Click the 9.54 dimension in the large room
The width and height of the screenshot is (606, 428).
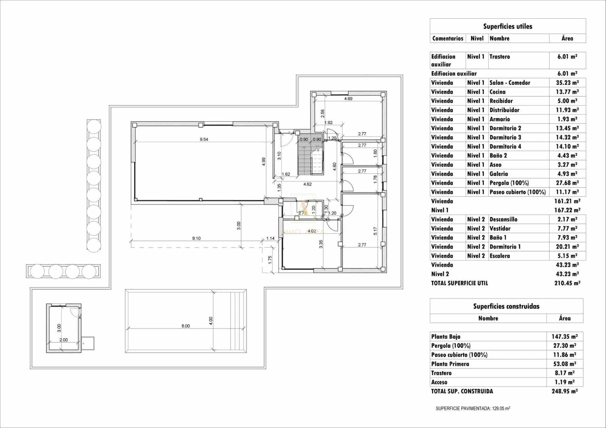coord(204,139)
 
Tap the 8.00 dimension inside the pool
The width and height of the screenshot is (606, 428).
coord(186,326)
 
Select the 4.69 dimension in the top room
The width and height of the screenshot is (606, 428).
coord(348,99)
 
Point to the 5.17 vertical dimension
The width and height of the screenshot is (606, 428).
coord(375,231)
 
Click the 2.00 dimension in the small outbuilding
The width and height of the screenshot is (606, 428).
coord(63,340)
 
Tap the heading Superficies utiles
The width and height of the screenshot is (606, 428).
coord(508,27)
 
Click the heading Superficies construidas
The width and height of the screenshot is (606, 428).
coord(506,306)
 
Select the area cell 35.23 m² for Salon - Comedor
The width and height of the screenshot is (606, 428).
coord(567,83)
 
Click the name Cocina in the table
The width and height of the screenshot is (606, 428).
coord(497,92)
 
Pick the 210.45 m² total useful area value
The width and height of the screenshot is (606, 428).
coord(567,283)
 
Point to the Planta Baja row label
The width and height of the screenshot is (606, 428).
coord(445,336)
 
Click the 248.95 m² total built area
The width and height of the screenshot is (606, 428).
coord(564,391)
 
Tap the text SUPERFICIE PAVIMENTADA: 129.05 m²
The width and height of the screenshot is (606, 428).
coord(473,409)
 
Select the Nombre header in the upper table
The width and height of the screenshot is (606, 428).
coord(499,38)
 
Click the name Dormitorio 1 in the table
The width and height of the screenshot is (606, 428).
coord(505,247)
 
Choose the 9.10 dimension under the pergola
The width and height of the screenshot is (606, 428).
coord(196,239)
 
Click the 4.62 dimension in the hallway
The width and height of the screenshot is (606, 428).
coord(308,184)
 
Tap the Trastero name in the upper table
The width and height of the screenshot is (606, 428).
coord(500,56)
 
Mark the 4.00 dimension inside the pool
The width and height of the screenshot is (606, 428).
coord(211,321)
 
